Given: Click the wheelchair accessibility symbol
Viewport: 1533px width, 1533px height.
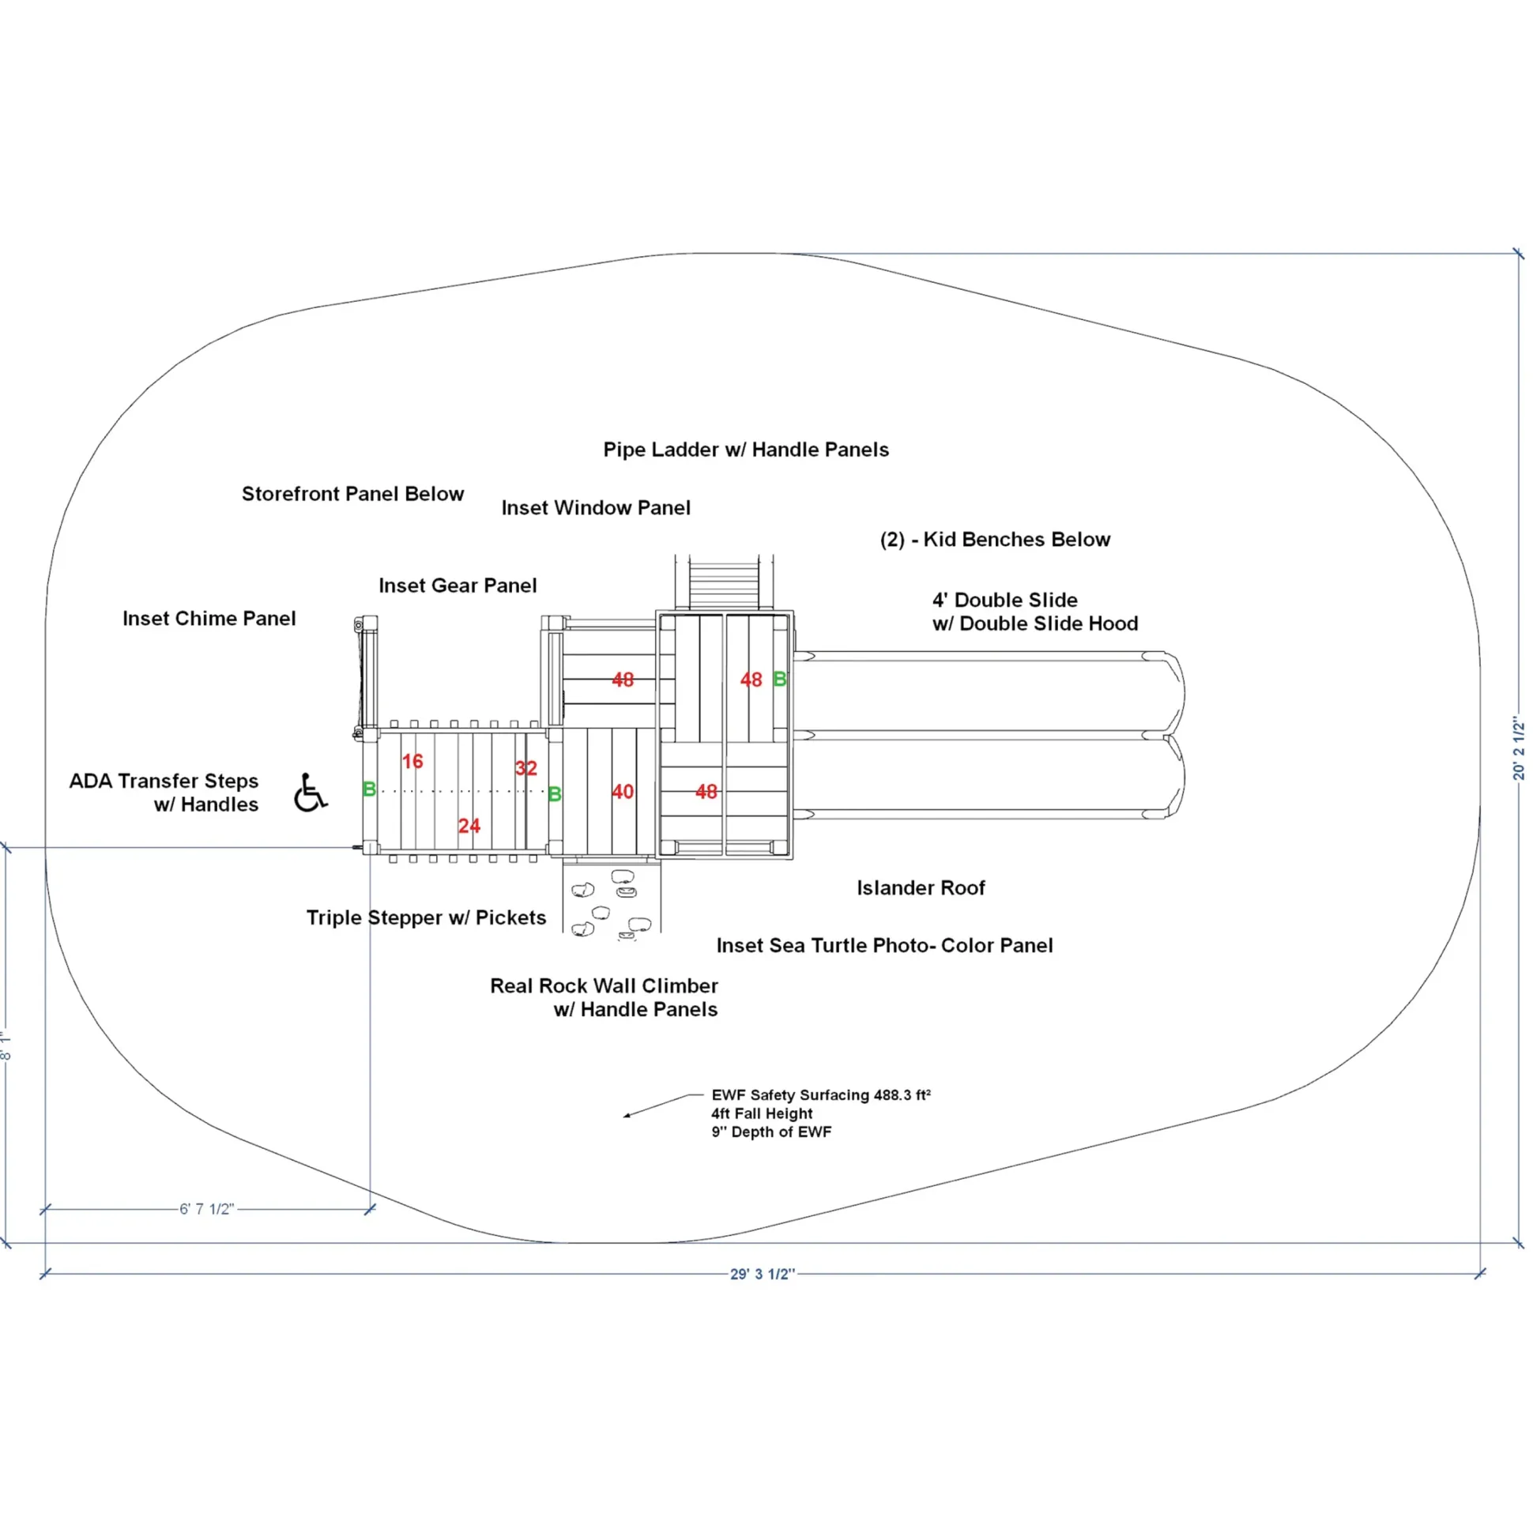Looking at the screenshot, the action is (311, 793).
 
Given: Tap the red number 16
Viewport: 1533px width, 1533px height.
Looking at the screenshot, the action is (412, 762).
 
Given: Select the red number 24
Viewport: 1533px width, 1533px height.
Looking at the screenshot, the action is (469, 826).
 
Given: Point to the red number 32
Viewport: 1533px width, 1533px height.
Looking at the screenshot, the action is (526, 768).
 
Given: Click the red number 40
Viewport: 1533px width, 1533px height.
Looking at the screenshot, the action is (623, 792).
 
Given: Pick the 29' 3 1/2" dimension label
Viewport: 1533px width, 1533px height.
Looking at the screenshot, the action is (763, 1275).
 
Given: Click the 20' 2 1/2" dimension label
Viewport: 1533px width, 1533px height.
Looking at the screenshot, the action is (1519, 749).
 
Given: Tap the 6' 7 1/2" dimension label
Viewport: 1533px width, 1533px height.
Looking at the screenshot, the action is (207, 1209).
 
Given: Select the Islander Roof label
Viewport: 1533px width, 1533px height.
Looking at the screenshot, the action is (921, 888).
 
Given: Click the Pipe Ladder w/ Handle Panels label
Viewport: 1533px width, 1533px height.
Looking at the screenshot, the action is (746, 450).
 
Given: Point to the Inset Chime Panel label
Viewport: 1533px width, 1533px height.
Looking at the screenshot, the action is (209, 619).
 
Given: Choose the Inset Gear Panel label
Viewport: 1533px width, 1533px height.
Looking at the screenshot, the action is (458, 586).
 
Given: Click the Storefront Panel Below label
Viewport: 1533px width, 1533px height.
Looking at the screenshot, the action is (353, 495).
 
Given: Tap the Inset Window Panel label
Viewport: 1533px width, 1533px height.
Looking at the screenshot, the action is (596, 508).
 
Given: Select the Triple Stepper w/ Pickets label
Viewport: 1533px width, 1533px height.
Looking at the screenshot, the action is (426, 918).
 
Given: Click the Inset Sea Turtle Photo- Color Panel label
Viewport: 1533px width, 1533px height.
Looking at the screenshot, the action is (885, 946).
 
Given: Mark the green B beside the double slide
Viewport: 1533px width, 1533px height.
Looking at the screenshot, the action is (780, 680).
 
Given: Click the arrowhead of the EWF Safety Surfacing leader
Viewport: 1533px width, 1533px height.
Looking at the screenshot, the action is (627, 1116).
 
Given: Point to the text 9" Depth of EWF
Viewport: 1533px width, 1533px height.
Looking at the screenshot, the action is (771, 1132).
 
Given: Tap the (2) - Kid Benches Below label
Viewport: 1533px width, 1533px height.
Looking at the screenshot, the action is (995, 540).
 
